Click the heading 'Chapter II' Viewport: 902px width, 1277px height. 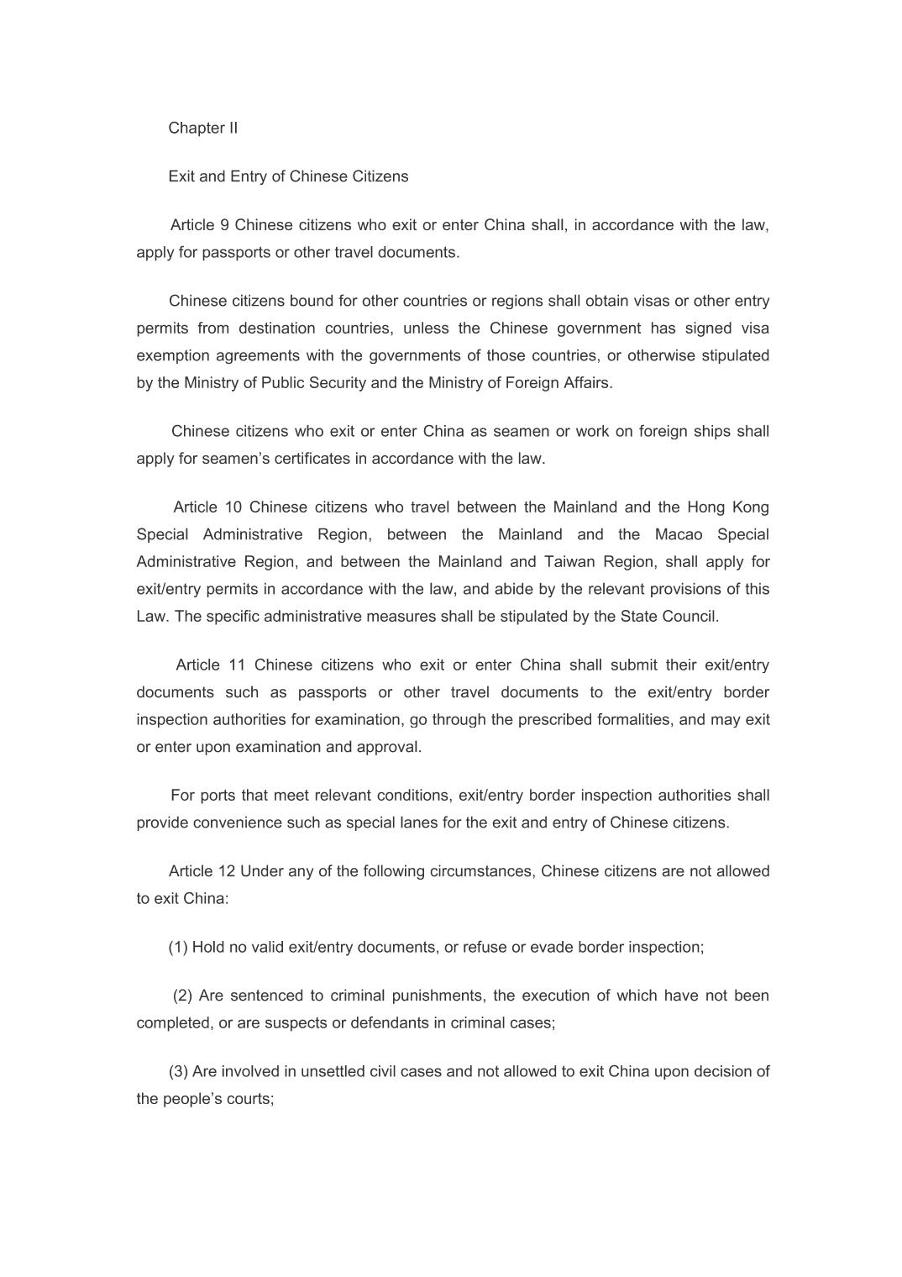[x=202, y=128]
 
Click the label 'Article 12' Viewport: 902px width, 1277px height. [x=202, y=871]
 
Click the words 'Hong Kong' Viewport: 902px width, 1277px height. [x=727, y=507]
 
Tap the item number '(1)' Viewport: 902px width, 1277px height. [x=178, y=948]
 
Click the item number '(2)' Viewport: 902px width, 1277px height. [x=183, y=996]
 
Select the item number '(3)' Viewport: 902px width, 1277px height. [x=178, y=1072]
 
